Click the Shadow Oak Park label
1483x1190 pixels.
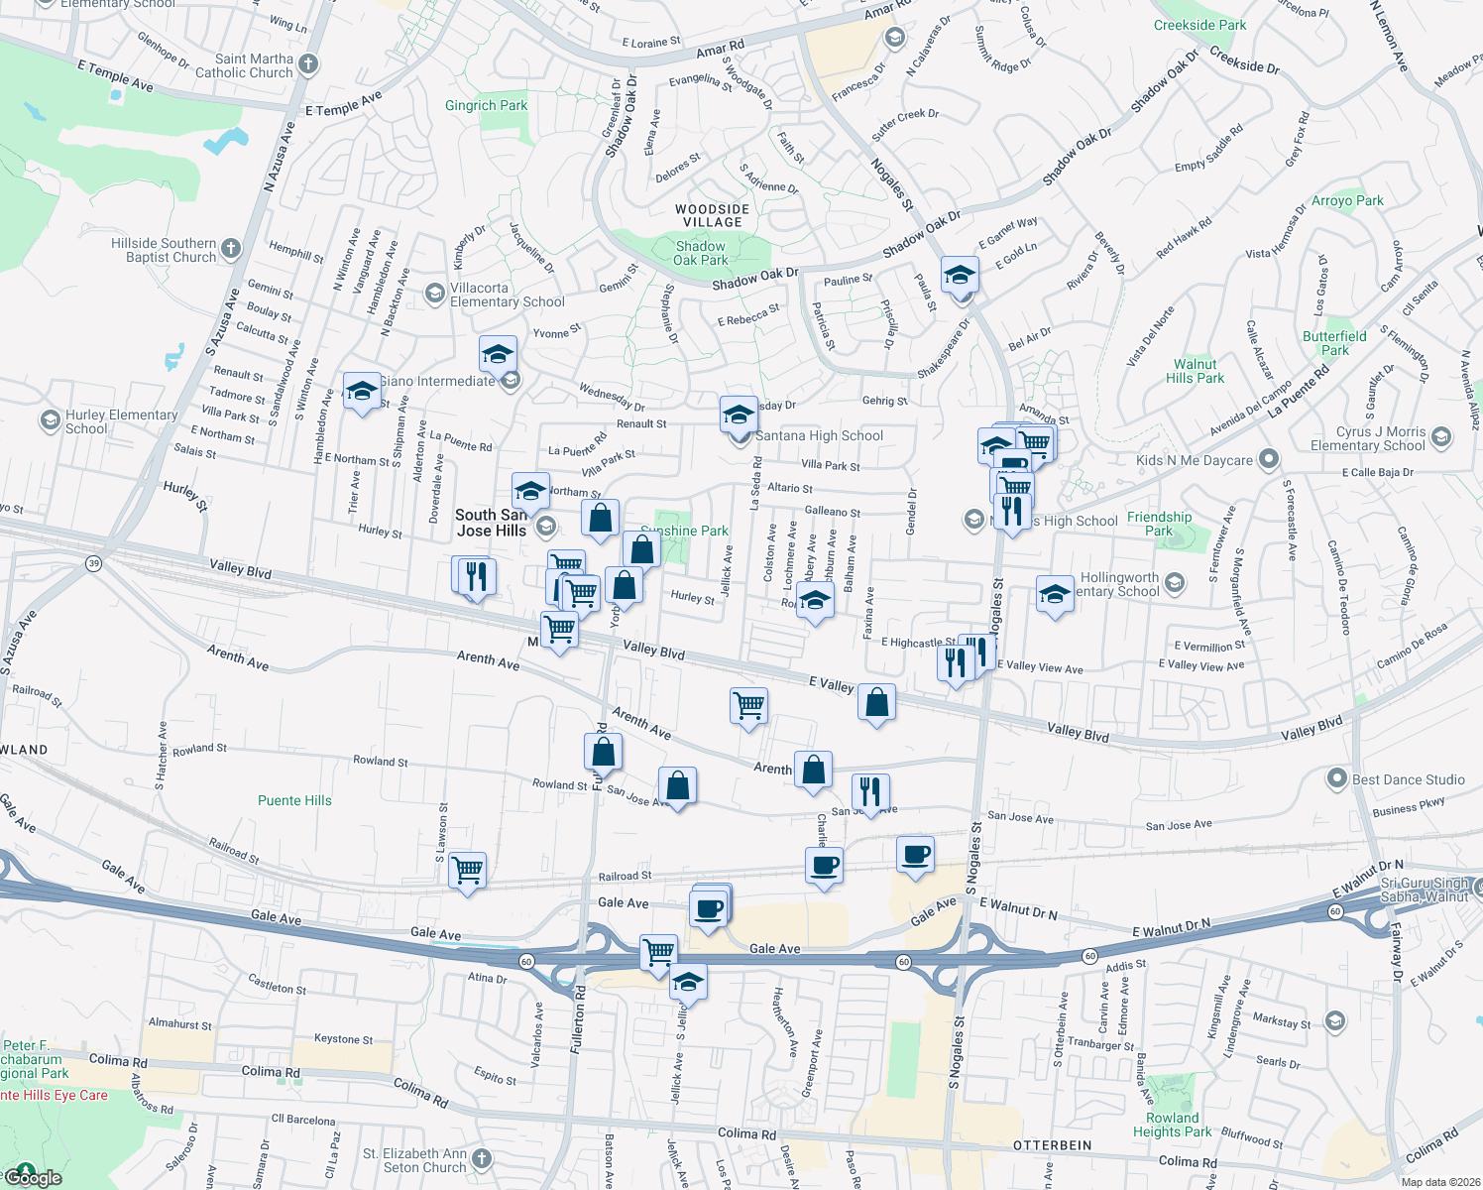pos(701,253)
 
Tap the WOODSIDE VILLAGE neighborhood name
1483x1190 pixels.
pos(713,215)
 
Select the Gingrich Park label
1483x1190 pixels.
pos(486,105)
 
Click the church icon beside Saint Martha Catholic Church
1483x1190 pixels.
pos(308,65)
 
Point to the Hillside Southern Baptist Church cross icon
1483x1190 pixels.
pos(231,248)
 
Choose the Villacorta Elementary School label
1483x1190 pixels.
pos(507,295)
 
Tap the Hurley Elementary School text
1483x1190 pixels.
pos(121,421)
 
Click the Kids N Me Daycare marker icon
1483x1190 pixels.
pos(1269,460)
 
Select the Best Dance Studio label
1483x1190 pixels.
pos(1408,779)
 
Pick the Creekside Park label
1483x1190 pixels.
pos(1199,25)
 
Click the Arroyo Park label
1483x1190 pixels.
pos(1347,200)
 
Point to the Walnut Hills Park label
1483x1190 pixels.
pos(1195,371)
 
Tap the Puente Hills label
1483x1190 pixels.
pos(294,800)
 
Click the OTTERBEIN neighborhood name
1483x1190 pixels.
pos(1052,1145)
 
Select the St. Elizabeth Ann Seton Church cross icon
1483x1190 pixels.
pos(481,1158)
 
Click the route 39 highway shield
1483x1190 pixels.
pos(94,563)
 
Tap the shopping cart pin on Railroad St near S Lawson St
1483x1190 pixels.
pos(467,871)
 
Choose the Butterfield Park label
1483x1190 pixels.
pos(1334,343)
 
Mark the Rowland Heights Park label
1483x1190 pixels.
pos(1172,1125)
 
